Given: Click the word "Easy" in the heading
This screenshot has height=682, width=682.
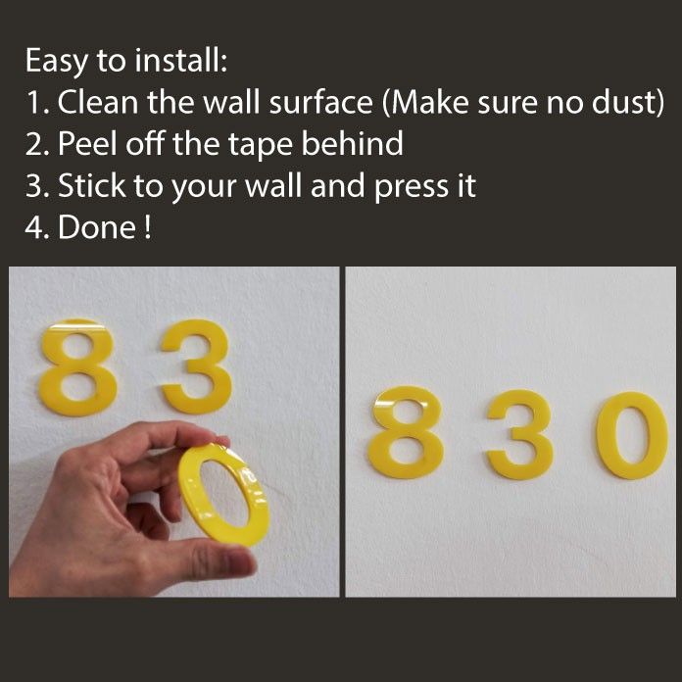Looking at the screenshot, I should click(x=56, y=61).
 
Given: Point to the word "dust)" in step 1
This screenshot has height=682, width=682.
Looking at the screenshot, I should click(x=625, y=102).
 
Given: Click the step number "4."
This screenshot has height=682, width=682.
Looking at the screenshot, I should click(x=37, y=227).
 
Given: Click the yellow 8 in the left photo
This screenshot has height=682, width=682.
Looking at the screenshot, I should click(x=76, y=368).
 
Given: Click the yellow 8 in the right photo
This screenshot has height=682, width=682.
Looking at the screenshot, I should click(x=407, y=432).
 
